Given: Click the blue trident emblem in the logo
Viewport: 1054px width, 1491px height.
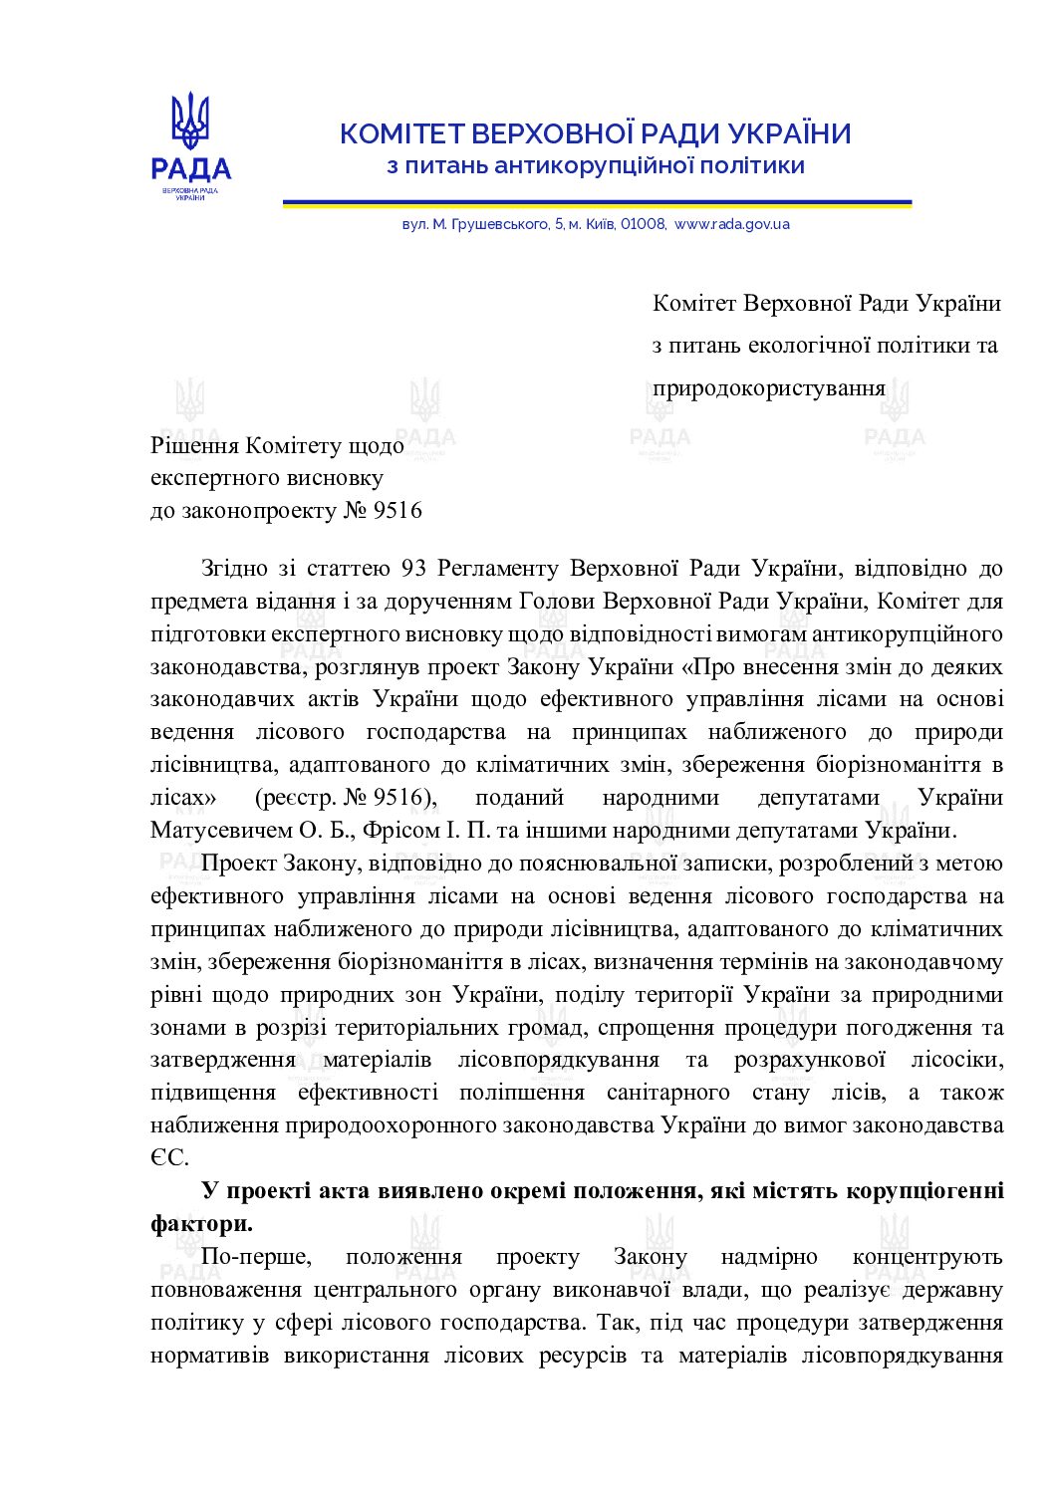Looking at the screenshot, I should [x=190, y=121].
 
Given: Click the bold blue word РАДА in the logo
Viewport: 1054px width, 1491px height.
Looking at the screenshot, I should [x=190, y=169].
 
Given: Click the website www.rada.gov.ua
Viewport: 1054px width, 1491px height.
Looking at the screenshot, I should [x=732, y=224].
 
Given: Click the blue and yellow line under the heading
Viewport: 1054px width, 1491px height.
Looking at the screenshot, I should [x=597, y=203].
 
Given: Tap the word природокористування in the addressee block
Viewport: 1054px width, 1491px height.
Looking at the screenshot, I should [x=769, y=387].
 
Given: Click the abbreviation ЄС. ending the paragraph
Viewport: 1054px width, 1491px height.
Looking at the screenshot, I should [x=168, y=1157].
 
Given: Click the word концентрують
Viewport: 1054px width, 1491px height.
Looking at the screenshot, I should [x=927, y=1257].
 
